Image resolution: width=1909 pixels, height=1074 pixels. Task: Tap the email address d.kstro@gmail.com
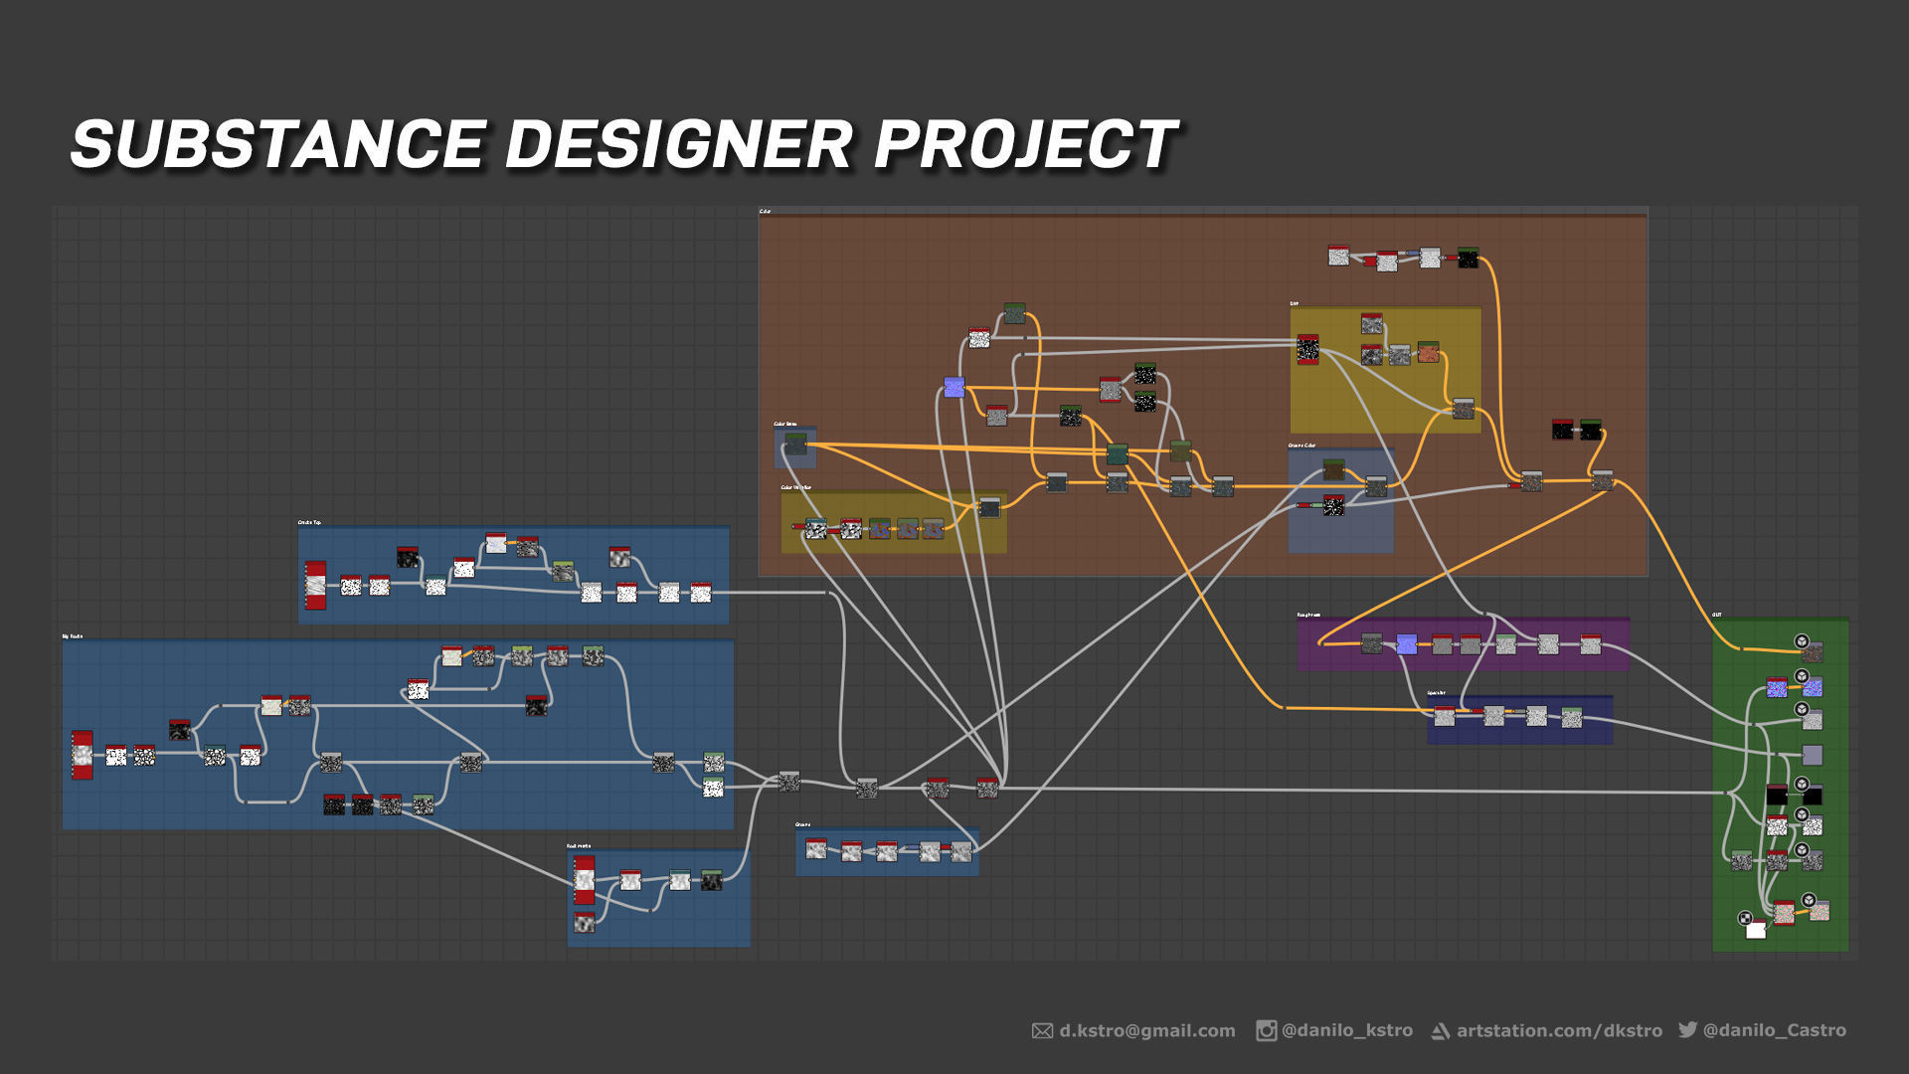click(x=1146, y=1031)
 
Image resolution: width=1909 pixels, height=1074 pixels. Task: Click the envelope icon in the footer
click(x=1042, y=1031)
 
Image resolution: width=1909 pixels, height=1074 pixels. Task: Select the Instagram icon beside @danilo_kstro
click(x=1266, y=1031)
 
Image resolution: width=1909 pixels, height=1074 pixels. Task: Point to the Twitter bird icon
click(x=1687, y=1029)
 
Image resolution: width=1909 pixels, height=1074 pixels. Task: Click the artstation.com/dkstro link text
click(x=1559, y=1031)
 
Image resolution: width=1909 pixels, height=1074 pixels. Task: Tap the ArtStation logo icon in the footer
click(x=1439, y=1031)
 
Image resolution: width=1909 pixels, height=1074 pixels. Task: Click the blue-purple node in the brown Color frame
click(x=954, y=388)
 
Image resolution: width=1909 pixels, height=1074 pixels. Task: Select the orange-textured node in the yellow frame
click(x=1428, y=352)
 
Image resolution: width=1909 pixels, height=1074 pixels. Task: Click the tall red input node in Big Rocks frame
click(x=83, y=756)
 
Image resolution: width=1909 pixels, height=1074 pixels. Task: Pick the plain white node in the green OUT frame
click(x=1756, y=930)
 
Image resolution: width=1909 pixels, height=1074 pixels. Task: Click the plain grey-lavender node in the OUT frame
click(x=1812, y=756)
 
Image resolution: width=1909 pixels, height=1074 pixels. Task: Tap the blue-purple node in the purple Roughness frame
click(x=1406, y=644)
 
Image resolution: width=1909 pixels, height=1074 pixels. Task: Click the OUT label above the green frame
click(x=1717, y=615)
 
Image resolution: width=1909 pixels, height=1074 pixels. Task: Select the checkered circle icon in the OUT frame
click(x=1745, y=918)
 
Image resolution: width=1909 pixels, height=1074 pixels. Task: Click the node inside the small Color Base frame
click(x=795, y=444)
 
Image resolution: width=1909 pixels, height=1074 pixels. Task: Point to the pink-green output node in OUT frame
click(x=1784, y=912)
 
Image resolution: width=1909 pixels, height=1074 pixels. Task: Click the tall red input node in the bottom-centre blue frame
click(x=585, y=880)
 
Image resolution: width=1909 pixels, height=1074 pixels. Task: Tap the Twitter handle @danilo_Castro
click(x=1774, y=1031)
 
